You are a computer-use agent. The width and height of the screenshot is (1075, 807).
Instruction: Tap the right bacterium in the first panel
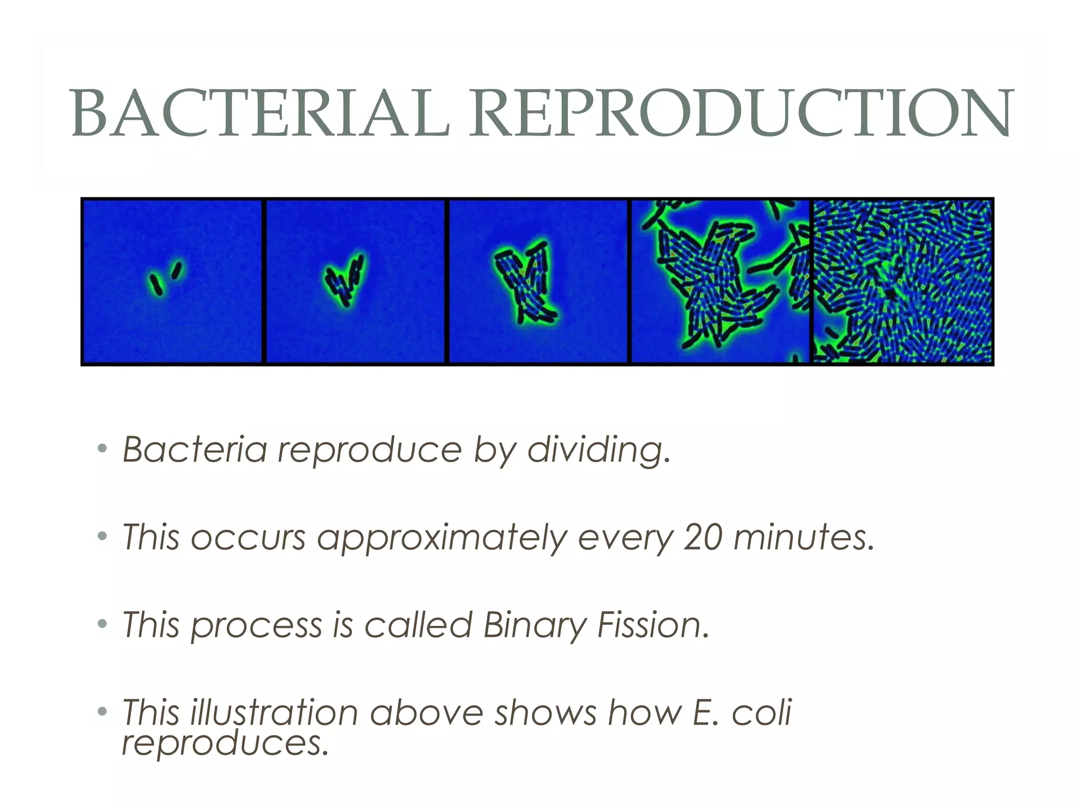pos(177,270)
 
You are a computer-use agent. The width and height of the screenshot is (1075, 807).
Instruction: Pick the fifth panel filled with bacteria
pos(903,281)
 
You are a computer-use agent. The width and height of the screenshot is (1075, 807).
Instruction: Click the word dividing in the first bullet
pos(598,450)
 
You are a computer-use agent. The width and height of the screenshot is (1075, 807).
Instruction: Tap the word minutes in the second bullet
pos(803,537)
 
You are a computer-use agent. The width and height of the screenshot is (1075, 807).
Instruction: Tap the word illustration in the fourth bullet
pos(273,713)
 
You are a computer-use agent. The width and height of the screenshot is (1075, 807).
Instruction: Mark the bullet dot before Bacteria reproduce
pos(102,449)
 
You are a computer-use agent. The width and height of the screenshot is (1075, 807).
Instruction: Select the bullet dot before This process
pos(102,624)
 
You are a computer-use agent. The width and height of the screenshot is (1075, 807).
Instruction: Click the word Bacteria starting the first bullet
pos(194,450)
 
